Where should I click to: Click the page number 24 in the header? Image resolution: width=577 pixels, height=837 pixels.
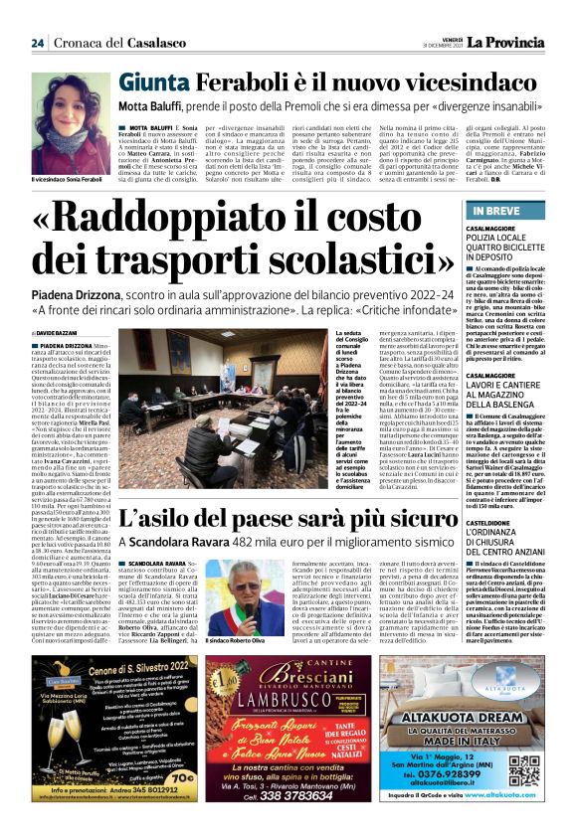(38, 43)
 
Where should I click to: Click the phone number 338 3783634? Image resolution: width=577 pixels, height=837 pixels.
(288, 796)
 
